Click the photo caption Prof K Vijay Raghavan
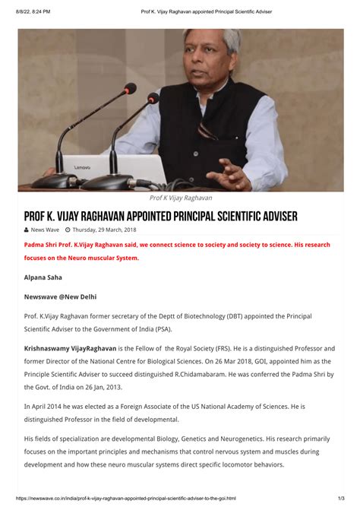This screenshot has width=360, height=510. tap(180, 198)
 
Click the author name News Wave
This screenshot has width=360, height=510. tap(45, 230)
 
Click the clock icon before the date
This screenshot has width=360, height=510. tap(68, 230)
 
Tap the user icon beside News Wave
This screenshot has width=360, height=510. tap(27, 230)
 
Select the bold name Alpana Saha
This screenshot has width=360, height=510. tap(45, 278)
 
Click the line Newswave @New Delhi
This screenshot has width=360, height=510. tap(60, 296)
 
